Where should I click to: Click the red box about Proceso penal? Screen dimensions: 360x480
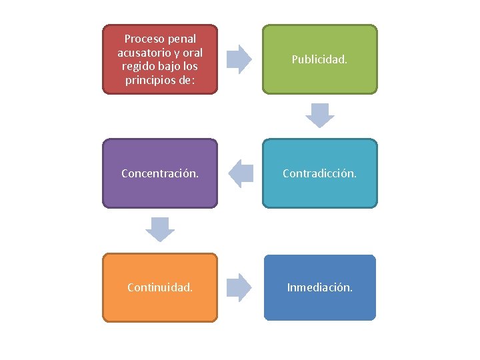coord(160,59)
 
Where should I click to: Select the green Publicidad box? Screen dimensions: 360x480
coord(319,59)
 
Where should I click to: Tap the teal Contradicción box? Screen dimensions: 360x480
coord(319,173)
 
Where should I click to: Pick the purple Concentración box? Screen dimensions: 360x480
coord(160,173)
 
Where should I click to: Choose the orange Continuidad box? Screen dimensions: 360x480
coord(160,287)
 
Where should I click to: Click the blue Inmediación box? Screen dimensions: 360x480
coord(319,287)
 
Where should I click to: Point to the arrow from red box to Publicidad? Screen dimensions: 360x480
coord(239,59)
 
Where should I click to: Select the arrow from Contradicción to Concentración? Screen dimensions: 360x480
coord(241,173)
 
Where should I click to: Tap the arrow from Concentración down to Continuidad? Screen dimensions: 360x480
coord(160,229)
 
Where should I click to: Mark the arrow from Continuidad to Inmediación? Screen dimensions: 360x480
coord(239,287)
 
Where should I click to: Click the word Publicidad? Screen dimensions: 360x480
coord(319,59)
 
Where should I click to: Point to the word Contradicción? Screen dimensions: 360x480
coord(319,173)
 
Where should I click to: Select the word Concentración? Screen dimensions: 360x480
coord(160,173)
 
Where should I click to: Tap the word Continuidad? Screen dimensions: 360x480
coord(160,287)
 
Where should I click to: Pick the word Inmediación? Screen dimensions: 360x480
coord(319,287)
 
